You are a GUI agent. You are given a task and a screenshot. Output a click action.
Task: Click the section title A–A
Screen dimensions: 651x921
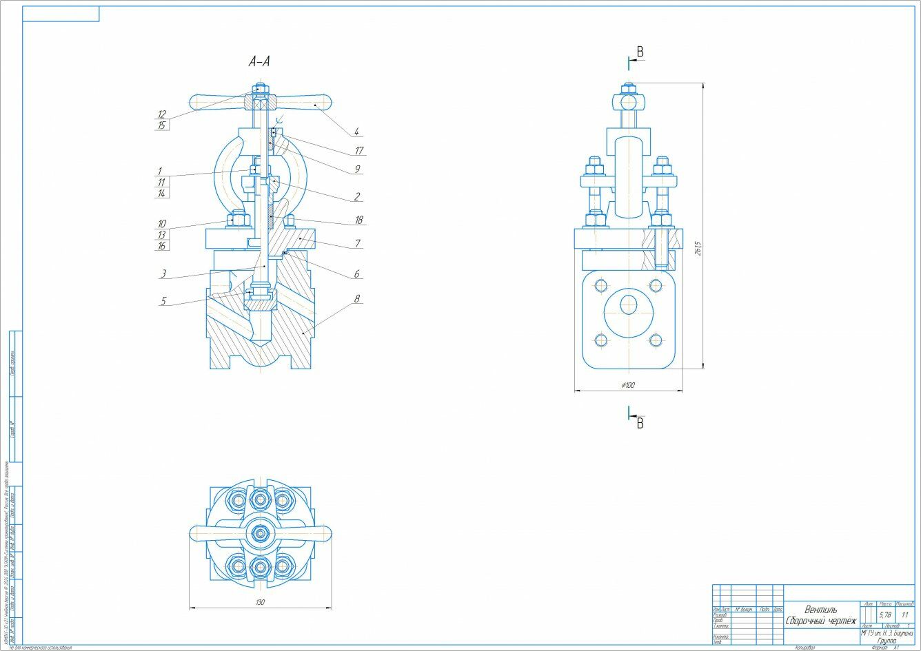[259, 62]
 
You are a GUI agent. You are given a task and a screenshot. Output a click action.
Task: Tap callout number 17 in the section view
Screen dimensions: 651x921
[359, 150]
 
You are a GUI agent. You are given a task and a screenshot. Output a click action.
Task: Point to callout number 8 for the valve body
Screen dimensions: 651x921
[358, 300]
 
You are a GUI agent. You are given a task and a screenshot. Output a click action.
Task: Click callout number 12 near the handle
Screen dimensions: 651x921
[161, 114]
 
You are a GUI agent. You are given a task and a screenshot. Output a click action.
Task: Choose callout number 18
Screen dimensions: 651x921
[358, 220]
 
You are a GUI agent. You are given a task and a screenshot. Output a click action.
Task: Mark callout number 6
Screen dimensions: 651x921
[357, 274]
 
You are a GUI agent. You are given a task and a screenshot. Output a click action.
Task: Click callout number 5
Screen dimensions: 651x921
[163, 301]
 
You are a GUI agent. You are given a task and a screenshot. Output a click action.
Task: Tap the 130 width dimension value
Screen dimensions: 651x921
[260, 602]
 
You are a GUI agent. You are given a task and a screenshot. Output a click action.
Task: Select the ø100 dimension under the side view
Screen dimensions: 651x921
[627, 385]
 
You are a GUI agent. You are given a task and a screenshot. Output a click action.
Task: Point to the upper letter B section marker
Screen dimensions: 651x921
[640, 52]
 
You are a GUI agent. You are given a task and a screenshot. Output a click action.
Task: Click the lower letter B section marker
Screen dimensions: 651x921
[640, 424]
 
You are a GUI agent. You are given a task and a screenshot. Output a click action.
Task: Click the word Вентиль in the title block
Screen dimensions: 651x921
[820, 610]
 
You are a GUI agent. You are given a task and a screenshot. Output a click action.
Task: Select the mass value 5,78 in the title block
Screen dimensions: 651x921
[885, 614]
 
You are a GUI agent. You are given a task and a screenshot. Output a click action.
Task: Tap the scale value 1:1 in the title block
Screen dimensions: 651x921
[904, 614]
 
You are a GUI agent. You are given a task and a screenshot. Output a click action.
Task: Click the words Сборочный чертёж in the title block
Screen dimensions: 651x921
[820, 621]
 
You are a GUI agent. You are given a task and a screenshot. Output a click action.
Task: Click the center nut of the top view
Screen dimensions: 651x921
[260, 533]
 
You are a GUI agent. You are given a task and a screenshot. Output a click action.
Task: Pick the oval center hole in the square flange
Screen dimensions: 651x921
[628, 304]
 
